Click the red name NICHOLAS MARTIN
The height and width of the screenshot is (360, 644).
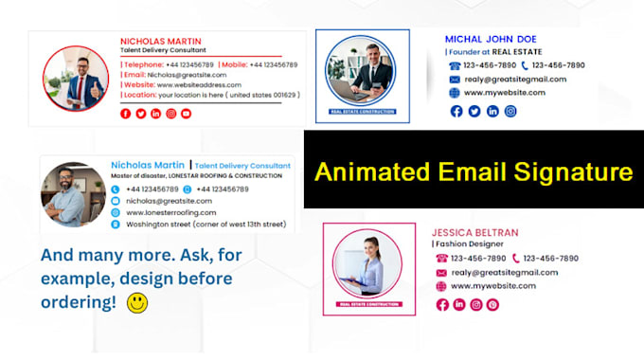point(161,41)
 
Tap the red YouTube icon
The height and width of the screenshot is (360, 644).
point(187,114)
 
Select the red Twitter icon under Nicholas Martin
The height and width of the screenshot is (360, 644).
point(141,114)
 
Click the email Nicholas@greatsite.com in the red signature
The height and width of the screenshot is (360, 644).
point(187,73)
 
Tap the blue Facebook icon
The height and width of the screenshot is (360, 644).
point(456,111)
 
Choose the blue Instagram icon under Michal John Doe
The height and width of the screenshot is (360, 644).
point(510,111)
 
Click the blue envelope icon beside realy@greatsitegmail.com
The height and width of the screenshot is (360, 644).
point(455,80)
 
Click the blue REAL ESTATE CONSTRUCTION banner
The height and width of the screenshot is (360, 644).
point(363,113)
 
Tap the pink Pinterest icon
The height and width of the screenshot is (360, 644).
point(492,304)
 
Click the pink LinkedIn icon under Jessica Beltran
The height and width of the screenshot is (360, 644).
point(459,304)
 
